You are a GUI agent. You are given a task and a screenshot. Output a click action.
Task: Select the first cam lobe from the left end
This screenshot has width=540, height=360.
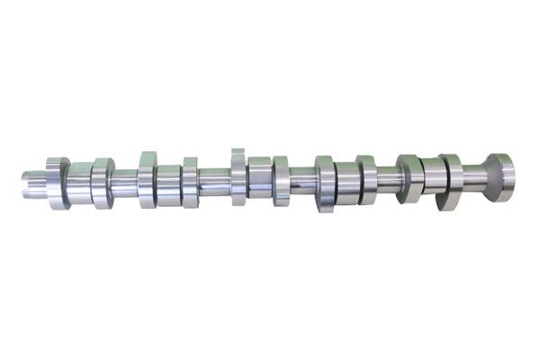pyautogui.click(x=58, y=184)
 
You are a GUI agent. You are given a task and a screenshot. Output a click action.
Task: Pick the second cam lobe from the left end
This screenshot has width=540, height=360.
pyautogui.click(x=102, y=183)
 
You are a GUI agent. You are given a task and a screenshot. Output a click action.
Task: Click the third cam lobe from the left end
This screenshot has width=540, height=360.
pyautogui.click(x=147, y=179)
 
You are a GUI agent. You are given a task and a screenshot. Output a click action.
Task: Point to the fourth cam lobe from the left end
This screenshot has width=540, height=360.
pyautogui.click(x=190, y=182)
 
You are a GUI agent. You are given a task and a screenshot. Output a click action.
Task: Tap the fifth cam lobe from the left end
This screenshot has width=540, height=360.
pyautogui.click(x=238, y=175)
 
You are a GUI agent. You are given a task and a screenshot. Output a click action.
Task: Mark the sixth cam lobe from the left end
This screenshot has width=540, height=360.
pyautogui.click(x=281, y=180)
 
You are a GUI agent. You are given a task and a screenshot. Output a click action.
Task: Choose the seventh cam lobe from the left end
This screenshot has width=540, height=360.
pyautogui.click(x=324, y=182)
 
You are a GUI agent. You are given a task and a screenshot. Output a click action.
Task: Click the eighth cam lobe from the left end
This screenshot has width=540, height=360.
pyautogui.click(x=366, y=179)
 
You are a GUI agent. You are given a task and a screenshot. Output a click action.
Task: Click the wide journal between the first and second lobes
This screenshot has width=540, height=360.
pyautogui.click(x=79, y=184)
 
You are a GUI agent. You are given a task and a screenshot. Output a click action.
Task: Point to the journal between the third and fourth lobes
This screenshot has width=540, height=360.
pyautogui.click(x=168, y=182)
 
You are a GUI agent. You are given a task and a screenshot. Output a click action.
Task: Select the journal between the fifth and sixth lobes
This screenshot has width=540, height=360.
pyautogui.click(x=259, y=177)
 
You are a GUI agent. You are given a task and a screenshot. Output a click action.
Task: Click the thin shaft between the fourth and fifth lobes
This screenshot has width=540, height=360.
pyautogui.click(x=214, y=181)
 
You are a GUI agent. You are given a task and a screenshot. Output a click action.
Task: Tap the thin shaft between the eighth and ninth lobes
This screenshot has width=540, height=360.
pyautogui.click(x=388, y=178)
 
